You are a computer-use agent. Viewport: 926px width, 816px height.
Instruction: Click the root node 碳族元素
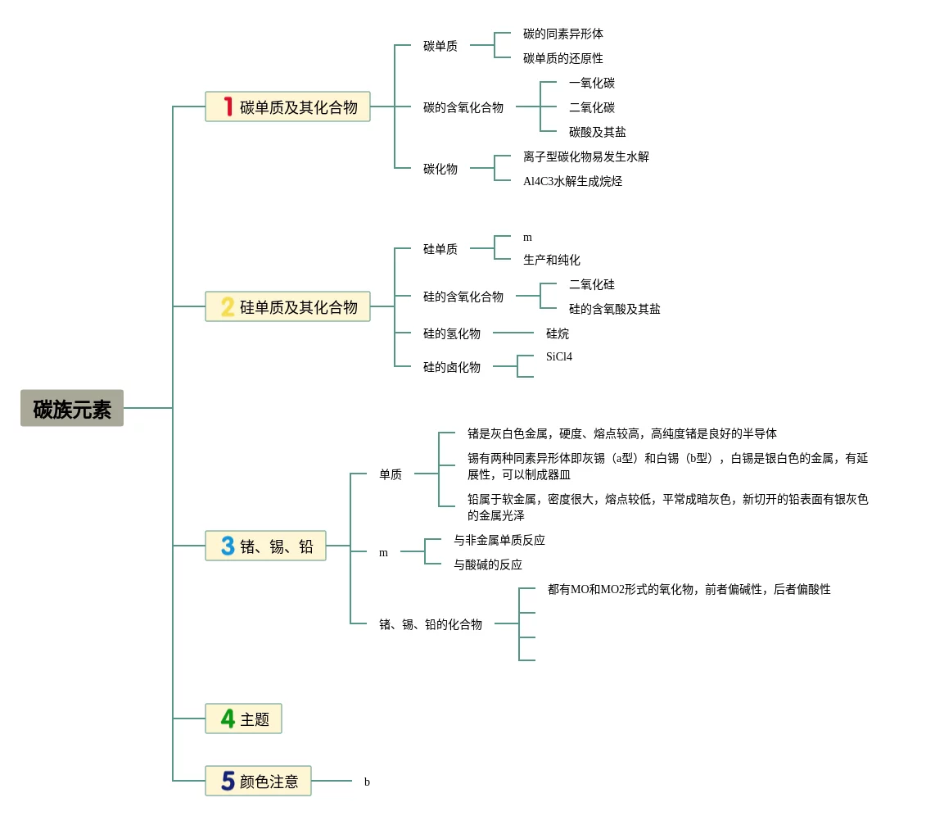[72, 408]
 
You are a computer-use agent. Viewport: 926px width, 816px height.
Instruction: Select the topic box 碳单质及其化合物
[287, 107]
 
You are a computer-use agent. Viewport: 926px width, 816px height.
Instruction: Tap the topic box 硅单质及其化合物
[287, 306]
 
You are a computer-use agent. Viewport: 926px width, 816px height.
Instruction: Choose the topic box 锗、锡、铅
[265, 546]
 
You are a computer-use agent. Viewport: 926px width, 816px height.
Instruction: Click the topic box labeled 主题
[243, 719]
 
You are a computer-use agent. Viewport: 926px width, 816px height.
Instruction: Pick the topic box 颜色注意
[258, 781]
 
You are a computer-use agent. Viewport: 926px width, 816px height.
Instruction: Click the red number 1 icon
[228, 107]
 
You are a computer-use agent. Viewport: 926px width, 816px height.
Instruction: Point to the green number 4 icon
[228, 719]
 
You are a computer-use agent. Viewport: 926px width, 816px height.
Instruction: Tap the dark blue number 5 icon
[228, 781]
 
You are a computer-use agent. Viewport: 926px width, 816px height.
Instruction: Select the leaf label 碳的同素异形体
[563, 34]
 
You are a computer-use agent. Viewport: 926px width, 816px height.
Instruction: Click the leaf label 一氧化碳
[592, 83]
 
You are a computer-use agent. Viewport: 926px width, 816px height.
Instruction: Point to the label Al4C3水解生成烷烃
[573, 181]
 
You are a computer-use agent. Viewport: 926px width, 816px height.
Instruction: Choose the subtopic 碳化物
[440, 169]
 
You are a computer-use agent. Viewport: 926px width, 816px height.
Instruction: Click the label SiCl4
[559, 356]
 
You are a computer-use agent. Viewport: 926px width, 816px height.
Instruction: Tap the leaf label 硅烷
[558, 333]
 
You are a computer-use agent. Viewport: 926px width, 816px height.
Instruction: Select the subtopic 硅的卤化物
[452, 367]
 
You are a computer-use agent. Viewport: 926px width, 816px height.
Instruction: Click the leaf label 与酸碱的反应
[488, 564]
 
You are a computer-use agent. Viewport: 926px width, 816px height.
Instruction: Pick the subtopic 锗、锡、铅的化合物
[431, 624]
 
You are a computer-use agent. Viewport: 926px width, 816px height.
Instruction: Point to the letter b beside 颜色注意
[367, 782]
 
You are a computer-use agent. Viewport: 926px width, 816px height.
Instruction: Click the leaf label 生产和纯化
[552, 260]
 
